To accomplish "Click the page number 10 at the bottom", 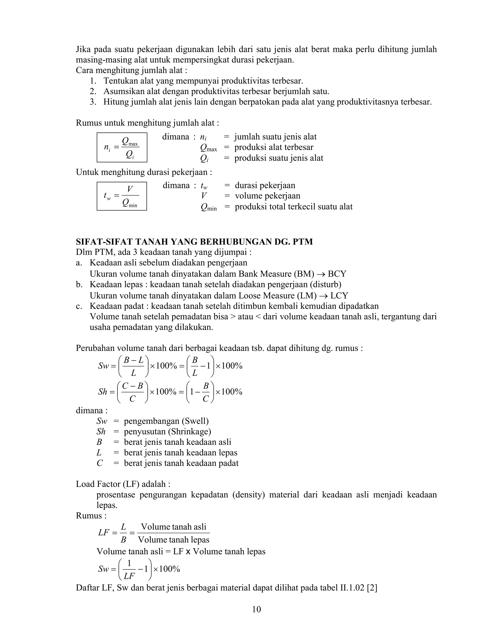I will (x=256, y=610).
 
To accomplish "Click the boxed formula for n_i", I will (x=122, y=147).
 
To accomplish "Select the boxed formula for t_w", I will (x=122, y=196).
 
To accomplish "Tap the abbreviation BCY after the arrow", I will (x=337, y=274).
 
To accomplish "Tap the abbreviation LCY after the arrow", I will (x=339, y=295).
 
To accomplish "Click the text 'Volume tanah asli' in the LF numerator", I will (x=174, y=527).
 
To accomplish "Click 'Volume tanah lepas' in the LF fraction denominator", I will (x=174, y=539).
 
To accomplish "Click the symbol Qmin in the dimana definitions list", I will (x=209, y=207).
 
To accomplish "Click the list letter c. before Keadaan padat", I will (x=79, y=306).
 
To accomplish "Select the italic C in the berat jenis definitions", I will (x=100, y=463).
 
